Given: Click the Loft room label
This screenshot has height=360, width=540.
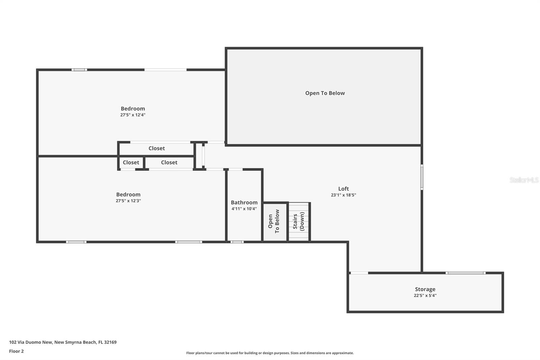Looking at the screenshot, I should (x=343, y=189).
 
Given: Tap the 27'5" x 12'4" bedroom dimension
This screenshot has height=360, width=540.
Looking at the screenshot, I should (x=133, y=115).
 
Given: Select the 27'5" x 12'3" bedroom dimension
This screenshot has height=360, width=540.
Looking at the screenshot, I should (x=128, y=201).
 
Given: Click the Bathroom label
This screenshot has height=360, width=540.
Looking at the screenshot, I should (x=244, y=202).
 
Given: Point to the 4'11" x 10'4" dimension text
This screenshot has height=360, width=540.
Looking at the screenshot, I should (x=244, y=209).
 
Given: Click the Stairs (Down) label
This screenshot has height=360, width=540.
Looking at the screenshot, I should (x=298, y=222).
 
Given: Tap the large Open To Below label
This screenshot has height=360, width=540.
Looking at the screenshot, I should (x=325, y=93).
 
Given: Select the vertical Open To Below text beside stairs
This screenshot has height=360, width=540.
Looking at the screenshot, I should (x=274, y=222).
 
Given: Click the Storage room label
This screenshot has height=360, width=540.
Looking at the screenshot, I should (x=425, y=289).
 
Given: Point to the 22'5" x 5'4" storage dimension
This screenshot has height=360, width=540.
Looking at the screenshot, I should (x=425, y=295).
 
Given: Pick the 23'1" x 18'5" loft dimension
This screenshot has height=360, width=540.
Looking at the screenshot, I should (x=343, y=195).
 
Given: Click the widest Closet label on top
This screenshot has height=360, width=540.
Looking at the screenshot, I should (x=157, y=148).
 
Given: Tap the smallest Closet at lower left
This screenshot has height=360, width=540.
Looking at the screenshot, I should (x=131, y=162).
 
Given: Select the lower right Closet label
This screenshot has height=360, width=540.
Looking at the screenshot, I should (x=169, y=162).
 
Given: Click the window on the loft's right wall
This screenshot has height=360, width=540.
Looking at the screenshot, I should (x=422, y=177).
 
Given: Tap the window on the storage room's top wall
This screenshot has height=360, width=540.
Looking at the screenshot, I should (x=465, y=273).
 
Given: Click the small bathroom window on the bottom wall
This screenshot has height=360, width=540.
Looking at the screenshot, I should (x=237, y=242).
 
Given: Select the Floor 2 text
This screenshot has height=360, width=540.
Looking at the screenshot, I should (x=16, y=351).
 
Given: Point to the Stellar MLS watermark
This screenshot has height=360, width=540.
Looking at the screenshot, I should (x=524, y=180).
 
